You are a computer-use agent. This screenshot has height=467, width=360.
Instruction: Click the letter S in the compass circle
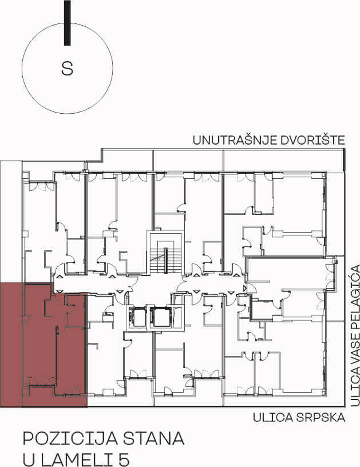click(67, 68)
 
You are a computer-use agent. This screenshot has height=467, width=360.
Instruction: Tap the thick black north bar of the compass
click(67, 23)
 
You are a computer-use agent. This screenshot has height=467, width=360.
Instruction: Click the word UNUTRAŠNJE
click(235, 140)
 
